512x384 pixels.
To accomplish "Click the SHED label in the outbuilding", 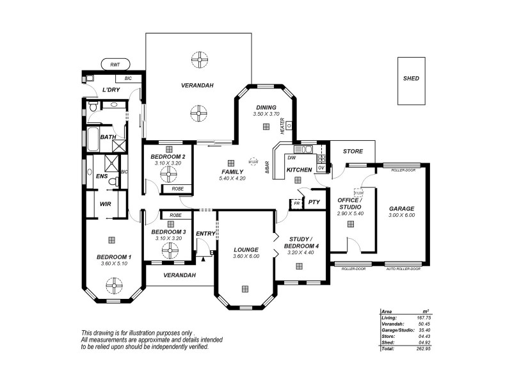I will (x=411, y=79).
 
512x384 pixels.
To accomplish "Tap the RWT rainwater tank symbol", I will (x=115, y=65).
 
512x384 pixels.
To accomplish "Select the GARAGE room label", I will (x=402, y=209).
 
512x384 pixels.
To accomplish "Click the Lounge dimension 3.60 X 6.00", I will (x=246, y=257).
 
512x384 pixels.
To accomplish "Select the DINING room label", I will (x=266, y=108).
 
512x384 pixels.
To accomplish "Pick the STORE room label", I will (x=353, y=152).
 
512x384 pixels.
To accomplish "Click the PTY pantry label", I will (x=314, y=203).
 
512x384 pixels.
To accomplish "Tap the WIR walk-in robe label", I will (x=106, y=204).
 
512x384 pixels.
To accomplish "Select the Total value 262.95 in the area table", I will (x=423, y=348).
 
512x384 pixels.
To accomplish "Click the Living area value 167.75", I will (x=423, y=317).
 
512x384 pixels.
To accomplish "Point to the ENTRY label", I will (x=205, y=234).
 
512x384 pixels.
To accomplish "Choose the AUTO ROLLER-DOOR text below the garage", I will (x=403, y=269).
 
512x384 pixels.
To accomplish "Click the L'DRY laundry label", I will (x=111, y=90).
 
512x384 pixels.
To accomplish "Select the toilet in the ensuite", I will (x=113, y=182).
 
